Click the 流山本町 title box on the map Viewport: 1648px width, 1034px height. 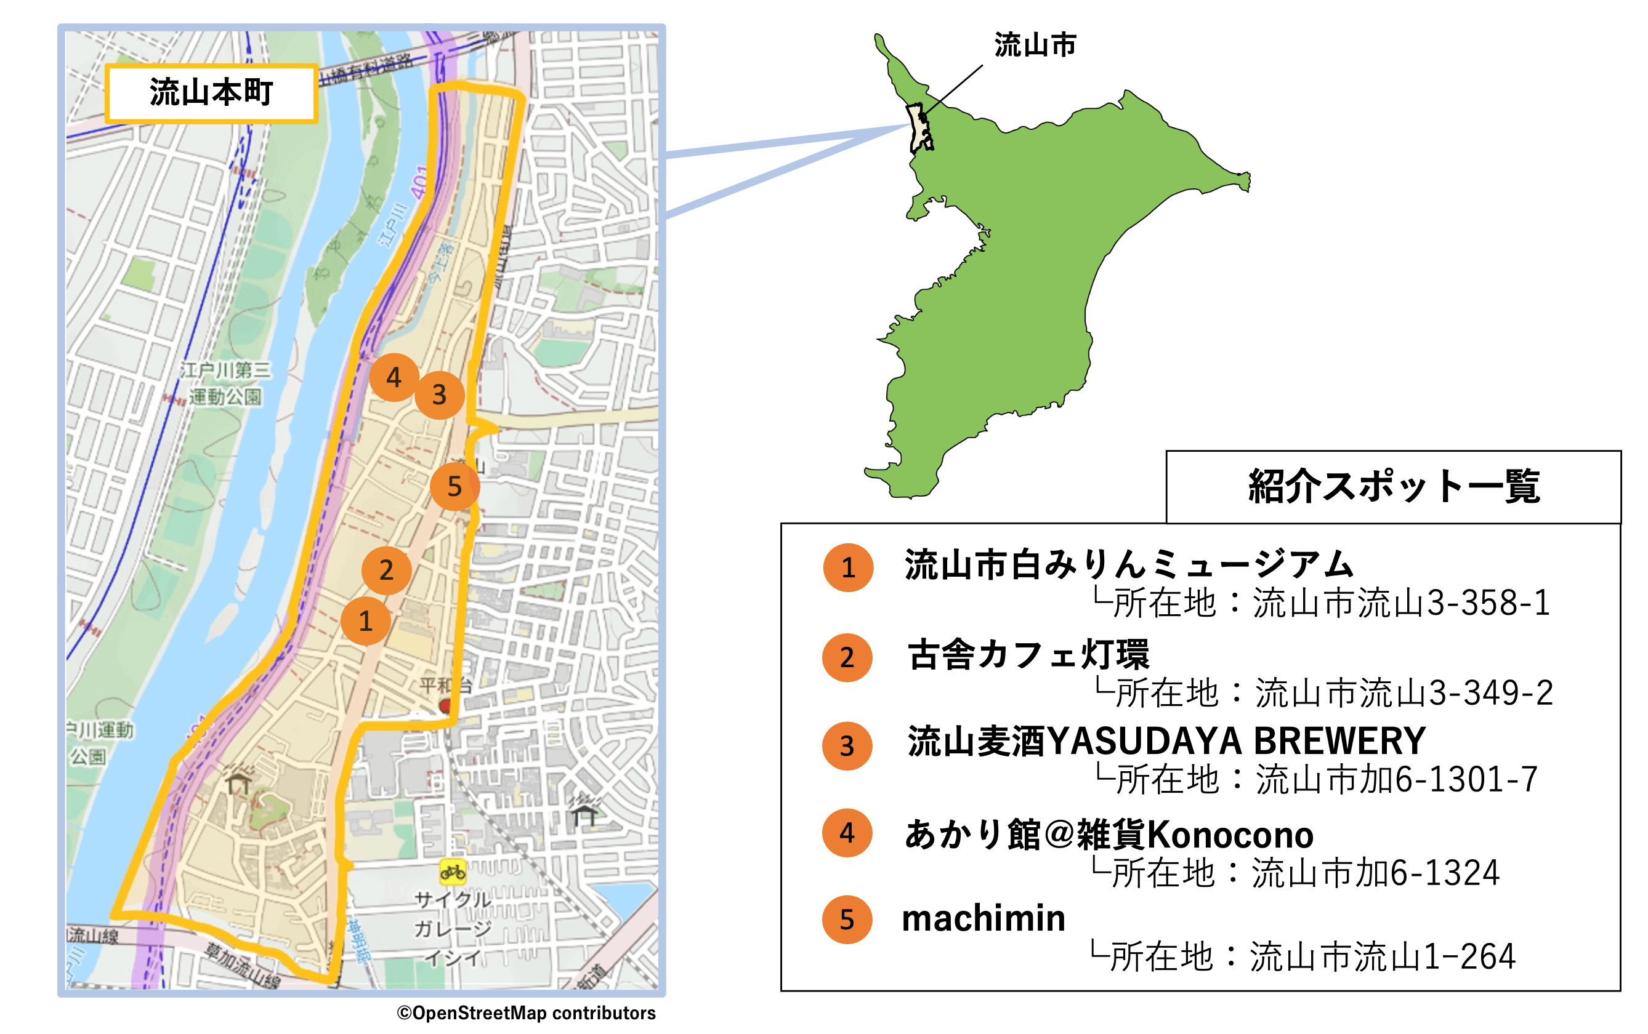[211, 93]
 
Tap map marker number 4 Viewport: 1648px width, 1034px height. [394, 377]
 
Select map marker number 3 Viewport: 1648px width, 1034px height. [439, 395]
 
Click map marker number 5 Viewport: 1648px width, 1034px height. [454, 486]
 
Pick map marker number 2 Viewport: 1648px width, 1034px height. [387, 570]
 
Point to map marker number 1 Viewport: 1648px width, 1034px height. [365, 621]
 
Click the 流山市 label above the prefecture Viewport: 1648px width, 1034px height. [1035, 45]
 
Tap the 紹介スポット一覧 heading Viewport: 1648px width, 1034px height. [1393, 487]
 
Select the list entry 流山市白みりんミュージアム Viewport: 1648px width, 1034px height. [1128, 565]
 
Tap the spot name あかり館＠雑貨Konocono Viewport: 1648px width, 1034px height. [1109, 835]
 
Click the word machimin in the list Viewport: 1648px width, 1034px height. [983, 918]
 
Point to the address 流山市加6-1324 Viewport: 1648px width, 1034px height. [1375, 873]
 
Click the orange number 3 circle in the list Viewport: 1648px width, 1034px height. [847, 746]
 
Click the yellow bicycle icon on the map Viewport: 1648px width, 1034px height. [452, 872]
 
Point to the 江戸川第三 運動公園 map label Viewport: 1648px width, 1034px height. [225, 383]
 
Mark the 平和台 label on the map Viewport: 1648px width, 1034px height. [445, 684]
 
